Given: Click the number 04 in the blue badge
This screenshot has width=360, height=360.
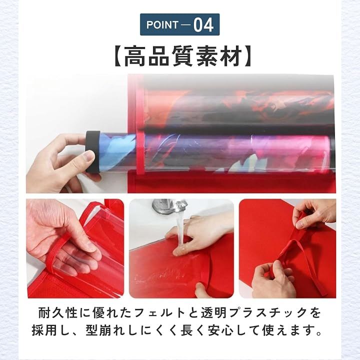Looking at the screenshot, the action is pyautogui.click(x=203, y=24).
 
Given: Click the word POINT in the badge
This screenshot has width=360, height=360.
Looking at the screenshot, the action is pyautogui.click(x=162, y=25).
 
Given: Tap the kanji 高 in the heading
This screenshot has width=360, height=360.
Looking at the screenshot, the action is pyautogui.click(x=135, y=56).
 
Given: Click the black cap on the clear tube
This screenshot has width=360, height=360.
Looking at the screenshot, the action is pyautogui.click(x=93, y=151).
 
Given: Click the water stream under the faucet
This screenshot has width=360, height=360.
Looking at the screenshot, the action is pyautogui.click(x=179, y=229).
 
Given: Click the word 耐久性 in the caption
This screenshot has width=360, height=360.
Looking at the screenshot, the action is pyautogui.click(x=58, y=312).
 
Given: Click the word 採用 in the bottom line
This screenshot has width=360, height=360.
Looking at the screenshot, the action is pyautogui.click(x=45, y=330).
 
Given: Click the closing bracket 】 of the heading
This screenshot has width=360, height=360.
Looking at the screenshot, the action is pyautogui.click(x=248, y=56).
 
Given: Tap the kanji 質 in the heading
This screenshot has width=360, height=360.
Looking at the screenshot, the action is pyautogui.click(x=183, y=56).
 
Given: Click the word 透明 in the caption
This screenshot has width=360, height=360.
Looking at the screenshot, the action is pyautogui.click(x=214, y=312).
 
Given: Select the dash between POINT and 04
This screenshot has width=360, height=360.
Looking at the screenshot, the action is pyautogui.click(x=185, y=25).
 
